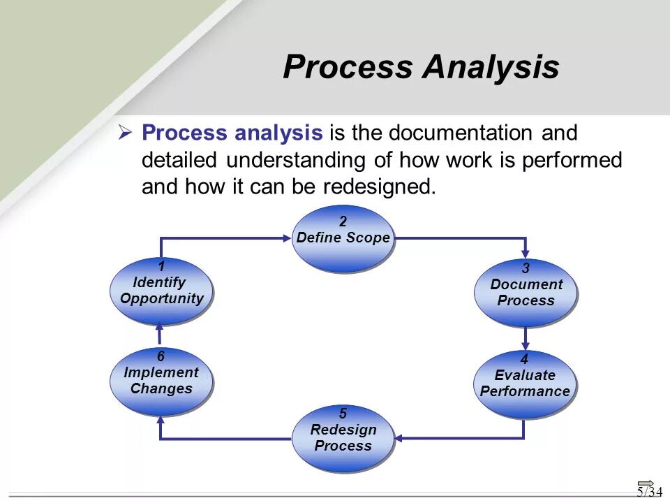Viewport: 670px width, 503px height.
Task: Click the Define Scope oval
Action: point(342,238)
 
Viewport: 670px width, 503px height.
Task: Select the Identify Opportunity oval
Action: point(161,291)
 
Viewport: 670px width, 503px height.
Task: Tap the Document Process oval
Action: point(526,292)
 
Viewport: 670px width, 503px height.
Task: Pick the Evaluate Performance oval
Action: point(525,384)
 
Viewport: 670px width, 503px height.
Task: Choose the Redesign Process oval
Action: point(342,438)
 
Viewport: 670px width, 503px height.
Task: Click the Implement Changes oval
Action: point(161,381)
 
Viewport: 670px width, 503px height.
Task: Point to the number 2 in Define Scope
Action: point(343,221)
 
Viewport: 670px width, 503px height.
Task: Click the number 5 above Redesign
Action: point(343,413)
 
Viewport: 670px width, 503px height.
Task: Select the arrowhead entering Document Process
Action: point(526,253)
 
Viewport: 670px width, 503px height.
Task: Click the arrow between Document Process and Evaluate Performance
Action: point(526,339)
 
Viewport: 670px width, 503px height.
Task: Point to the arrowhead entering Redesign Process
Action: point(399,439)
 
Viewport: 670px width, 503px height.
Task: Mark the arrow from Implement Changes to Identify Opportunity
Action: point(161,335)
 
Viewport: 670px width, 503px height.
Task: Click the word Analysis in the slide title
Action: point(491,67)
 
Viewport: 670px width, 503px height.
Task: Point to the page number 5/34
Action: point(648,491)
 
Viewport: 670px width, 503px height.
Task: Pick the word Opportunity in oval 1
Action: point(162,298)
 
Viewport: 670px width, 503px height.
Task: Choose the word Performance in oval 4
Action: point(525,391)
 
